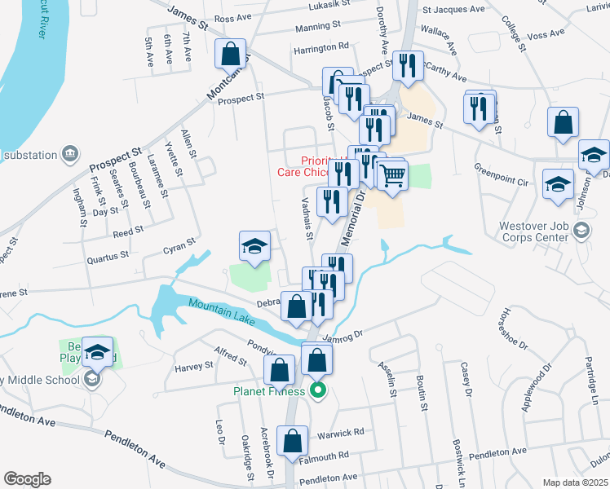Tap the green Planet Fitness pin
(x=318, y=391)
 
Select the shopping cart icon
(x=392, y=174)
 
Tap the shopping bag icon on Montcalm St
(x=231, y=55)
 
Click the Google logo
(x=27, y=478)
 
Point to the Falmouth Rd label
(x=328, y=455)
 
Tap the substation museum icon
(x=69, y=154)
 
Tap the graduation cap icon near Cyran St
(x=254, y=246)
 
